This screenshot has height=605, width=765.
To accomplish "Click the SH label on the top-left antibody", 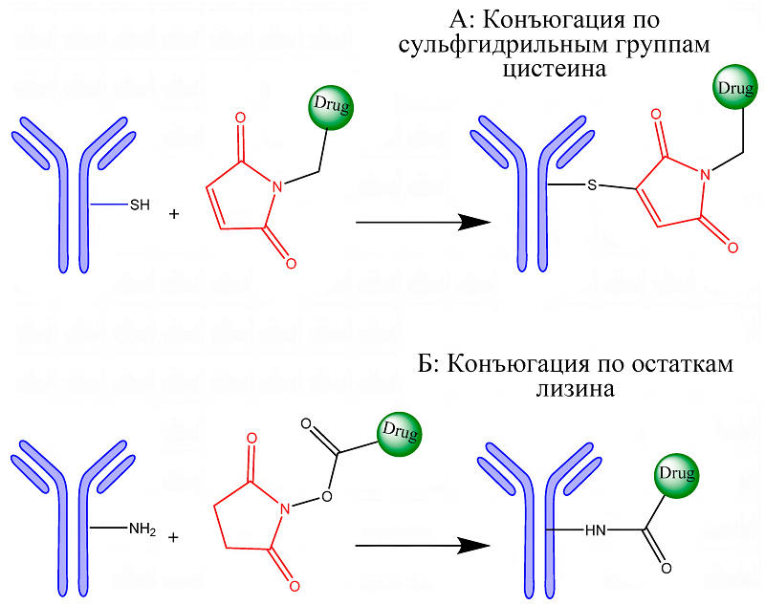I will click(x=140, y=204).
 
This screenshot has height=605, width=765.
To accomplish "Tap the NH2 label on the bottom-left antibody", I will click(x=142, y=528).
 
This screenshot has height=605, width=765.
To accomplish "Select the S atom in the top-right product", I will click(x=593, y=184).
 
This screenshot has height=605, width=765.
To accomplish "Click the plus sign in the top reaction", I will click(x=174, y=214).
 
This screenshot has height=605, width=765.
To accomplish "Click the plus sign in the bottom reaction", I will click(x=173, y=537).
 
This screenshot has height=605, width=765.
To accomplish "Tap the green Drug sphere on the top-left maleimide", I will click(x=331, y=106).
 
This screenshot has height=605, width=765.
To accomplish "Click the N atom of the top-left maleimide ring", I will click(x=276, y=188).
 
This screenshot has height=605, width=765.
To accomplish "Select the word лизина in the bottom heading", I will click(x=574, y=389).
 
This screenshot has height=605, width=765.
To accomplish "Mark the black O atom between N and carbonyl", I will click(x=326, y=496).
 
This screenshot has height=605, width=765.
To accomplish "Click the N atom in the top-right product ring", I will click(x=704, y=174).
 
